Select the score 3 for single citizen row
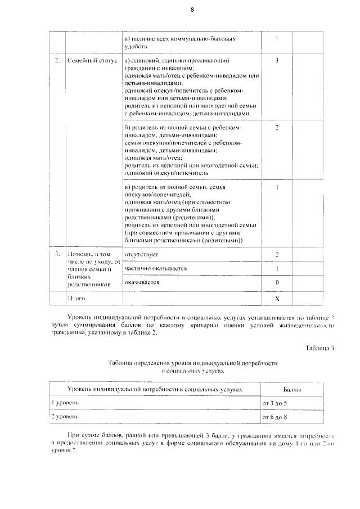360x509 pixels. click(277, 60)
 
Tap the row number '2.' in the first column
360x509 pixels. click(57, 60)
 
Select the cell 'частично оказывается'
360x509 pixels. click(155, 268)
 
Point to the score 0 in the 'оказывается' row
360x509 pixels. click(277, 282)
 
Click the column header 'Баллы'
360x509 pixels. click(292, 389)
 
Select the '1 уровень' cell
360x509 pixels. click(66, 403)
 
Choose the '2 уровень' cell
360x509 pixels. click(66, 417)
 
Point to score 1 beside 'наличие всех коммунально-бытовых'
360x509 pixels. click(277, 39)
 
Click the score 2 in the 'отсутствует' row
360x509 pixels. click(277, 255)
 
